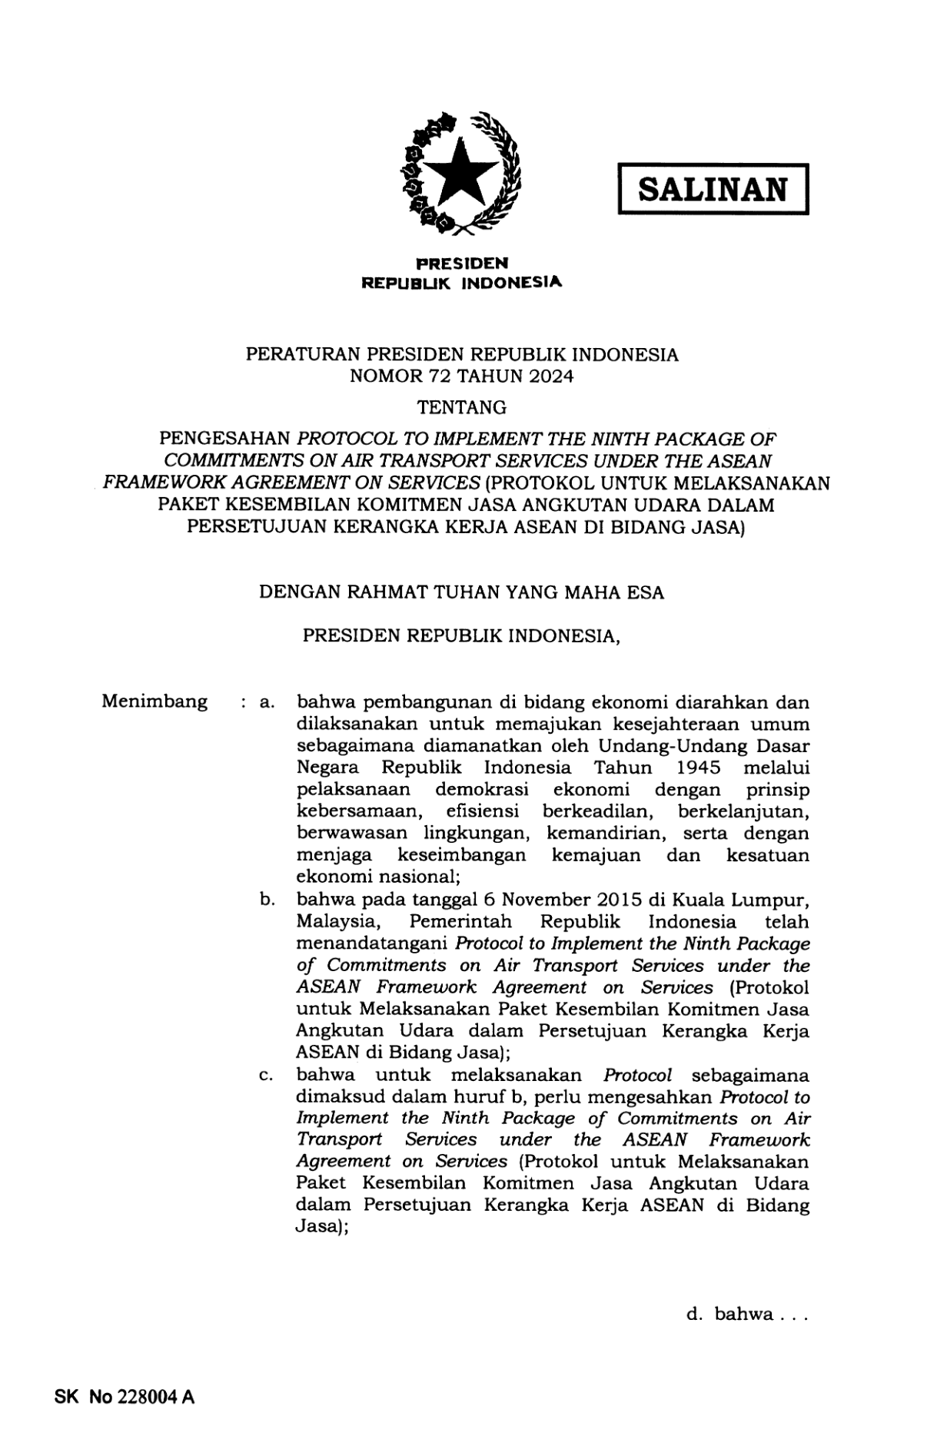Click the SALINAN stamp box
click(x=713, y=188)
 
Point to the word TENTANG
click(x=461, y=406)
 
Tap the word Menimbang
click(x=154, y=701)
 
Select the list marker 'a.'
click(x=267, y=702)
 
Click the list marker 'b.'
click(x=267, y=900)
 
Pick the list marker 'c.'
click(x=267, y=1076)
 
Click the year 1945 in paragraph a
click(x=699, y=768)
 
